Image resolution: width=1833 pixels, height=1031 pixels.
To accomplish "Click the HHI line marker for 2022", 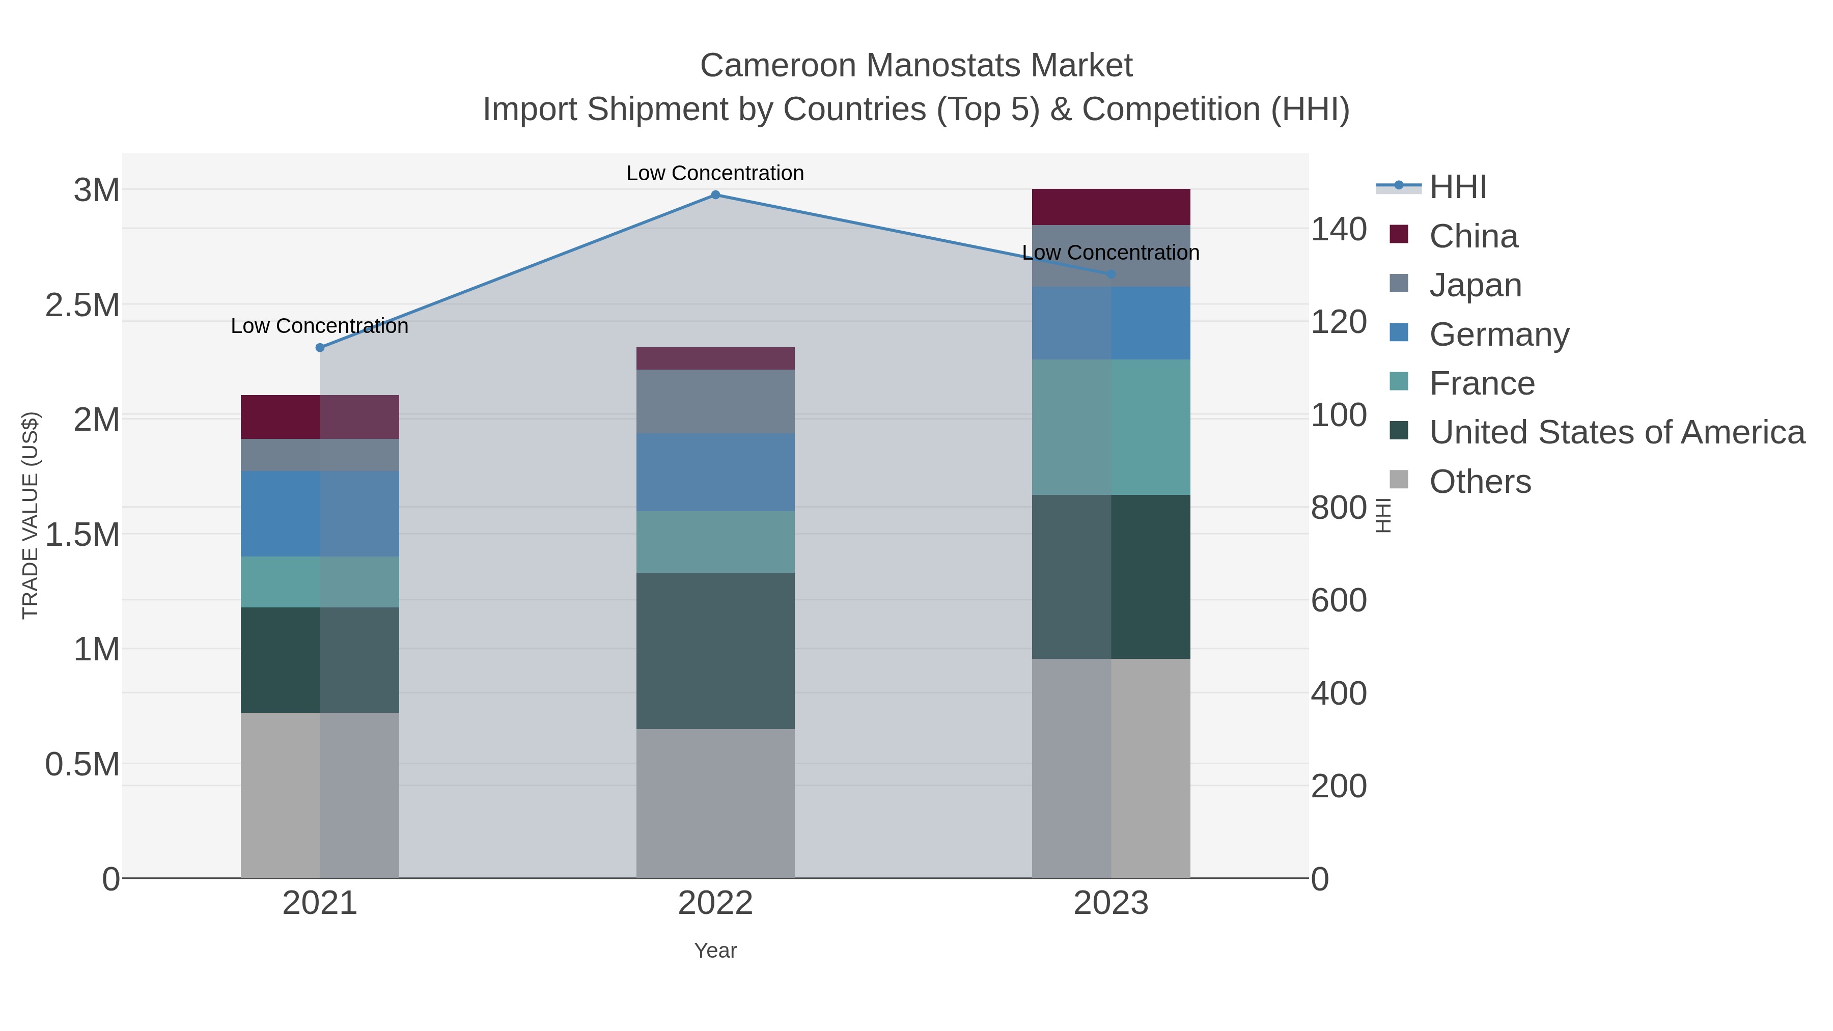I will tap(715, 195).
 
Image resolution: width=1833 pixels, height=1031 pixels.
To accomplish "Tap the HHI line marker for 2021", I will tap(319, 348).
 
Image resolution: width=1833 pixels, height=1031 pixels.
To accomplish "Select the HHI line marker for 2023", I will tap(1111, 274).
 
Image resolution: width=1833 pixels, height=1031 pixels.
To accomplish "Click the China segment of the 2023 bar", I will tap(1111, 207).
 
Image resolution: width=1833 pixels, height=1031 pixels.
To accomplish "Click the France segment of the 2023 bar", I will tap(1111, 427).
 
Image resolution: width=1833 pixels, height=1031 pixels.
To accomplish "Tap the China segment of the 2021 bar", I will tap(319, 417).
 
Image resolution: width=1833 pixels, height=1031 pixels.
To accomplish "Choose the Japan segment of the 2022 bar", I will tap(715, 401).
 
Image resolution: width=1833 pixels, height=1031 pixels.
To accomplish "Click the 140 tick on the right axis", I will tap(1339, 230).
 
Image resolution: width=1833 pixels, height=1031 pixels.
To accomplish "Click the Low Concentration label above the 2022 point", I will tap(715, 173).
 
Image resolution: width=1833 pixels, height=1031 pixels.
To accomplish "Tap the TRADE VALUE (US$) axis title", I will tap(30, 515).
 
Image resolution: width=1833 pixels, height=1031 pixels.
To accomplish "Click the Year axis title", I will tap(715, 951).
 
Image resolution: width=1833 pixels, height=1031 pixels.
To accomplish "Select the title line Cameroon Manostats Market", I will tap(916, 66).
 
